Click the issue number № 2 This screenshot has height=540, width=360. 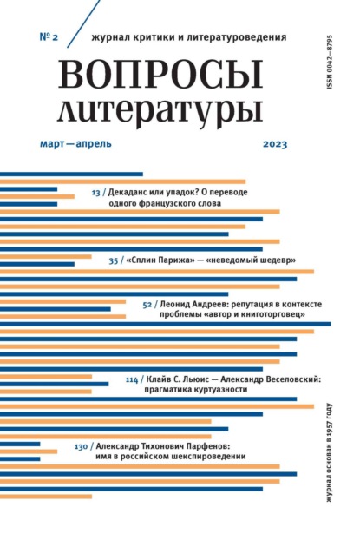pyautogui.click(x=49, y=36)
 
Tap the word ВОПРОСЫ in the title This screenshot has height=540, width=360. pyautogui.click(x=160, y=74)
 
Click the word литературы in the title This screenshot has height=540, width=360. pyautogui.click(x=160, y=110)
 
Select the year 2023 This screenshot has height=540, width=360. pyautogui.click(x=275, y=143)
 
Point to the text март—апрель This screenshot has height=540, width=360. pyautogui.click(x=75, y=143)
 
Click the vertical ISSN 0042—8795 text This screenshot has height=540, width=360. pyautogui.click(x=330, y=62)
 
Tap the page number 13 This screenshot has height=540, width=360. pyautogui.click(x=95, y=193)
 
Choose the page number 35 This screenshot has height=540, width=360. pyautogui.click(x=114, y=260)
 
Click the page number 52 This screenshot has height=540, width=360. pyautogui.click(x=147, y=305)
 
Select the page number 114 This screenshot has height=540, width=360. pyautogui.click(x=132, y=380)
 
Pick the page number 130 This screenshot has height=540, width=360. pyautogui.click(x=81, y=446)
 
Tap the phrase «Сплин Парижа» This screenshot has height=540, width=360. pyautogui.click(x=159, y=260)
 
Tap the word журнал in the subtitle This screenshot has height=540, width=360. pyautogui.click(x=106, y=37)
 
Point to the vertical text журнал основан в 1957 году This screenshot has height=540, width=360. pyautogui.click(x=330, y=452)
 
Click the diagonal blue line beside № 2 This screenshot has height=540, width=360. pyautogui.click(x=83, y=23)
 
